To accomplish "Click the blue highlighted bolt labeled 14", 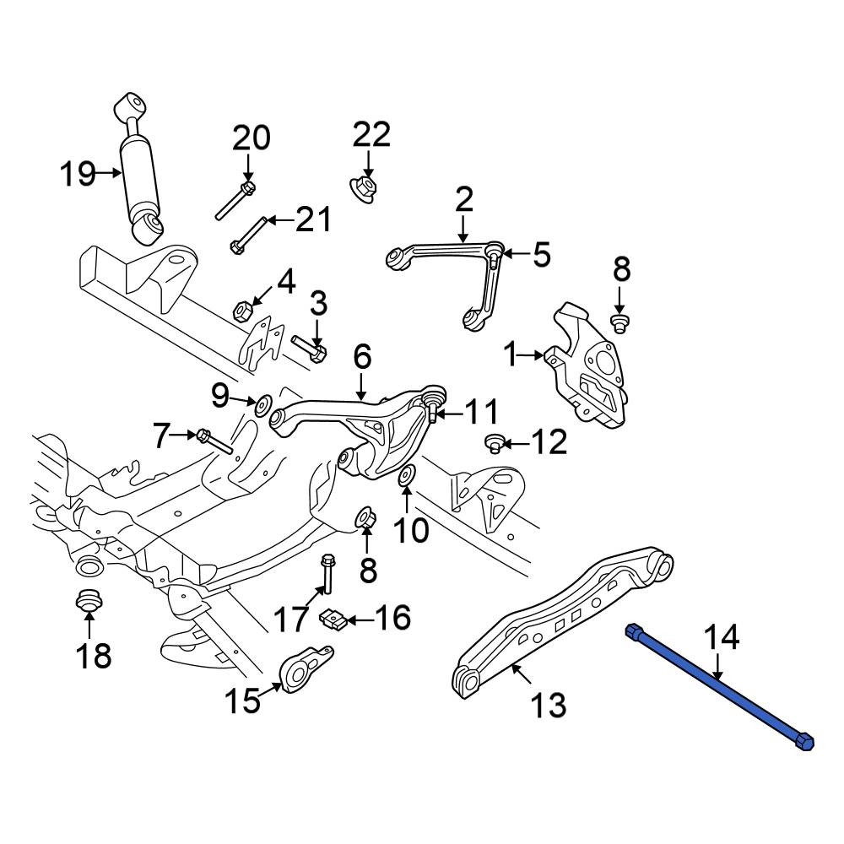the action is coord(720,687).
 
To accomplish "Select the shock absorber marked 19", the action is coord(139,168).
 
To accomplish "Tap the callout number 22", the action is coord(371,134).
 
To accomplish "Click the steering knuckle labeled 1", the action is coord(588,366).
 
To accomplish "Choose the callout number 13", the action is coord(549,705).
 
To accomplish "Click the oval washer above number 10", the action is coord(406,474).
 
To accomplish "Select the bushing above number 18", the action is coord(88,599).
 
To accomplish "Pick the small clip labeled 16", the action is coord(333,619).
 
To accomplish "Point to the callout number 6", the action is coord(362,356).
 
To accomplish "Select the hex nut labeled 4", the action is coord(241,311).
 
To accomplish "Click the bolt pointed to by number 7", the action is coord(214,441).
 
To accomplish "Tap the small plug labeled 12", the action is coord(494,444).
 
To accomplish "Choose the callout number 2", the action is coord(463,199).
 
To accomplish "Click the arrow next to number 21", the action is coord(281,220).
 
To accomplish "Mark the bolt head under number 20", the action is coord(247,188).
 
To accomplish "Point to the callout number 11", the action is coord(482,413).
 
